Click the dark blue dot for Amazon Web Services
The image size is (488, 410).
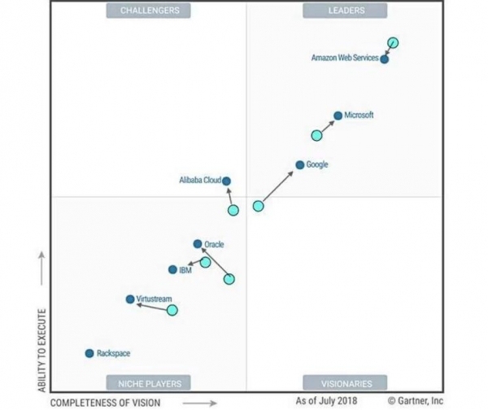pos(384,59)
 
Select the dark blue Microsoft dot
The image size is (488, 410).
pos(338,116)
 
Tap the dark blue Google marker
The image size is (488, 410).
pos(299,165)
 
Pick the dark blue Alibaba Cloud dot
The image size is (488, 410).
pos(226,181)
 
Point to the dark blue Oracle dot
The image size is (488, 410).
pos(198,243)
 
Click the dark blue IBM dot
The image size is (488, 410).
pos(172,269)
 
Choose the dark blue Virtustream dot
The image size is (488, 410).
pos(129,299)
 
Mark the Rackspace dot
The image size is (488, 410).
pos(89,353)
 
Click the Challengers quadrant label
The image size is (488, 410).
pos(150,11)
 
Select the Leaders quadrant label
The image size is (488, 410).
pos(345,11)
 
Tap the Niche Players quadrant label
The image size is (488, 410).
pos(150,382)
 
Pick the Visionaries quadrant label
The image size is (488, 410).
pos(345,382)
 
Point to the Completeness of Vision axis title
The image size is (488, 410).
pos(106,402)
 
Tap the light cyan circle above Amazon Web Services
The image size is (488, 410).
pos(393,43)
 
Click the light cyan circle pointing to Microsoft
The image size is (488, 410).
pos(316,135)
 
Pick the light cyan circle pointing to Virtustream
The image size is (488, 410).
pos(172,310)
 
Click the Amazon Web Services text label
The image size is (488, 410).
pos(345,58)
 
